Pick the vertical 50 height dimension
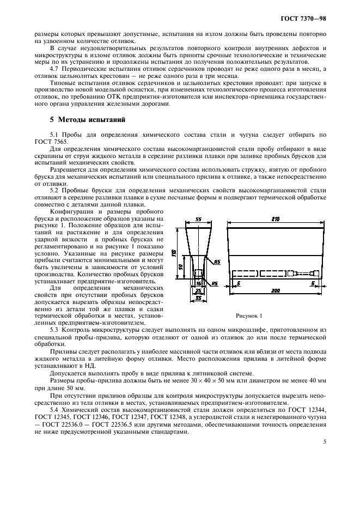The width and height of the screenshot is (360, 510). click(x=181, y=267)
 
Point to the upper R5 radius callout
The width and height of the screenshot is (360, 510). click(x=216, y=262)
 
